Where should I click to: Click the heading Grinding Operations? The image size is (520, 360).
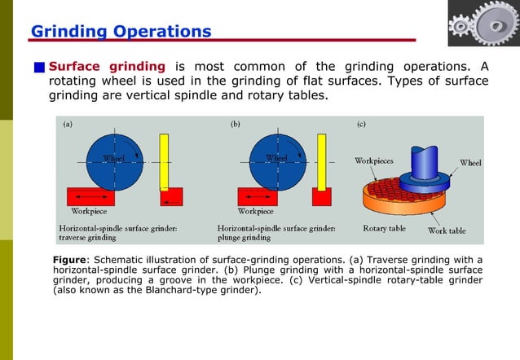[x=121, y=32]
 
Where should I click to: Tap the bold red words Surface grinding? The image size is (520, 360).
[x=107, y=66]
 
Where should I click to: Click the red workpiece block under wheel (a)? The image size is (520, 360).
[x=90, y=198]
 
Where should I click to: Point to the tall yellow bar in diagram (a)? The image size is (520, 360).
[x=164, y=162]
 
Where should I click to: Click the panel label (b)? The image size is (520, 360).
[x=235, y=125]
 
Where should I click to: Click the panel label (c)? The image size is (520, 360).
[x=361, y=125]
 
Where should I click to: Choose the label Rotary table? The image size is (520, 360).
[x=384, y=229]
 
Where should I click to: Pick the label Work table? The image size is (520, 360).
[x=447, y=230]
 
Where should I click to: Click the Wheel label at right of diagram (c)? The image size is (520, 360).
[x=470, y=163]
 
